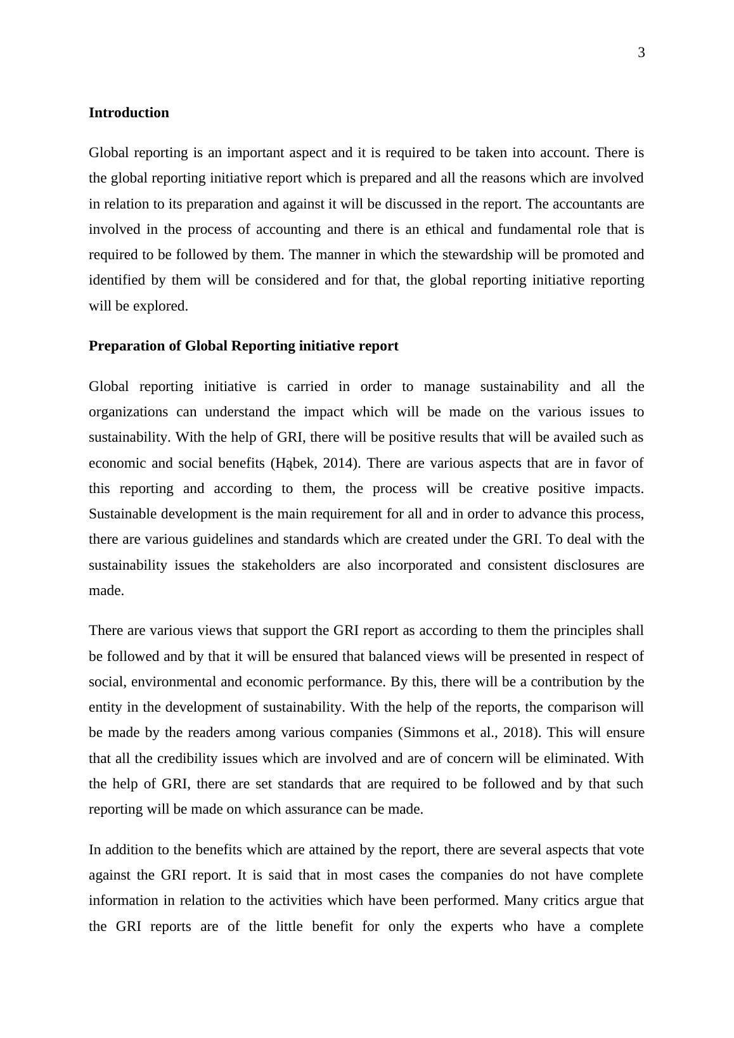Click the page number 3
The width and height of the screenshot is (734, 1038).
pos(641,53)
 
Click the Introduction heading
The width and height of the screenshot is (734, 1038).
pos(129,113)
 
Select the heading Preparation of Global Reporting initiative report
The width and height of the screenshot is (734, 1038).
pos(243,346)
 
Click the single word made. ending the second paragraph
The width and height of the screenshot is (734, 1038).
pos(106,591)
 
